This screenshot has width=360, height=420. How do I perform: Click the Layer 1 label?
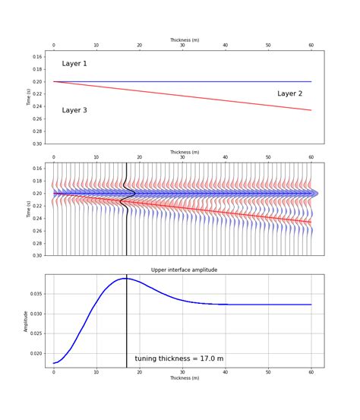click(74, 64)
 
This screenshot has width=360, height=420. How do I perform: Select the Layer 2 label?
click(289, 93)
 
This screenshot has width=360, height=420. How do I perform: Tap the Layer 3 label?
click(74, 110)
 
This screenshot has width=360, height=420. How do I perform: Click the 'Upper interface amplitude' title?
click(184, 270)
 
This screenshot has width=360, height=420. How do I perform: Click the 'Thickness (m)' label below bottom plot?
click(184, 377)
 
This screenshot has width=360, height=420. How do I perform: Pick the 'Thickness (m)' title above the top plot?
click(184, 39)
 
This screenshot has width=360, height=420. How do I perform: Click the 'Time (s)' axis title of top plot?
click(30, 96)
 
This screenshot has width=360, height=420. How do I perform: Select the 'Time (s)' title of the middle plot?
click(30, 209)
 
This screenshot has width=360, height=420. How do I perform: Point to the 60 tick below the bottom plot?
click(311, 372)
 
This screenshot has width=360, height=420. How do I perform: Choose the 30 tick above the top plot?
click(182, 46)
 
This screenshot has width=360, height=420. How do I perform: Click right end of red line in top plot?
click(311, 110)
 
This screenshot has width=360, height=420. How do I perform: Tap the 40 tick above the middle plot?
click(225, 157)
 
